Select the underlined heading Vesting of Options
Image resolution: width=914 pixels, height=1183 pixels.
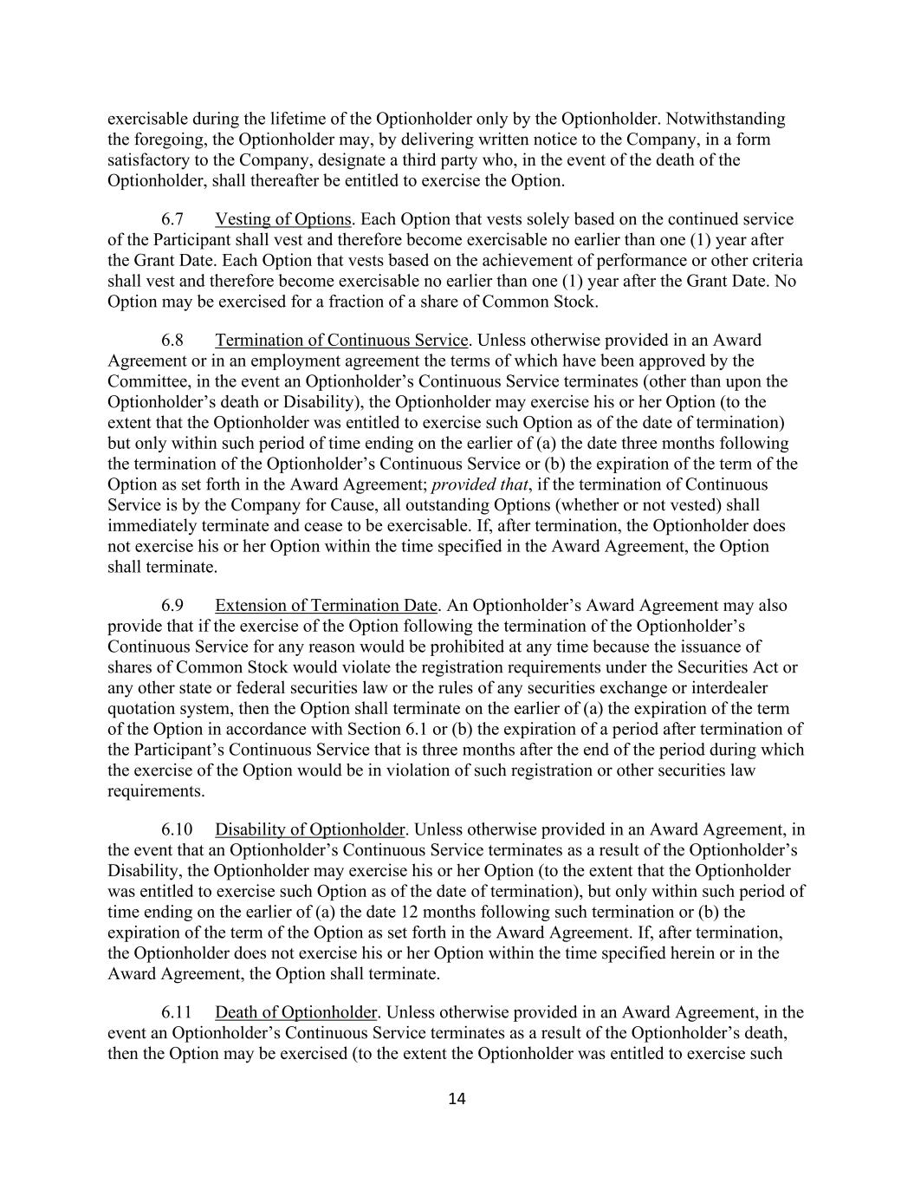(282, 219)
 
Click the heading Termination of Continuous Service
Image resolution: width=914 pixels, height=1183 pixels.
(341, 340)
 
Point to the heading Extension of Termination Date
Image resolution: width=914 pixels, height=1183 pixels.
(326, 605)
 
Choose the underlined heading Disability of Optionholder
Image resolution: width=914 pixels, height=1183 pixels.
(309, 829)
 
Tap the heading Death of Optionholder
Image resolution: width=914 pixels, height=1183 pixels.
(295, 1012)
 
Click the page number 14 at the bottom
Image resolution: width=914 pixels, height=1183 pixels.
(457, 1099)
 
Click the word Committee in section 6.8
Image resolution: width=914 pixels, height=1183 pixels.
(144, 381)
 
